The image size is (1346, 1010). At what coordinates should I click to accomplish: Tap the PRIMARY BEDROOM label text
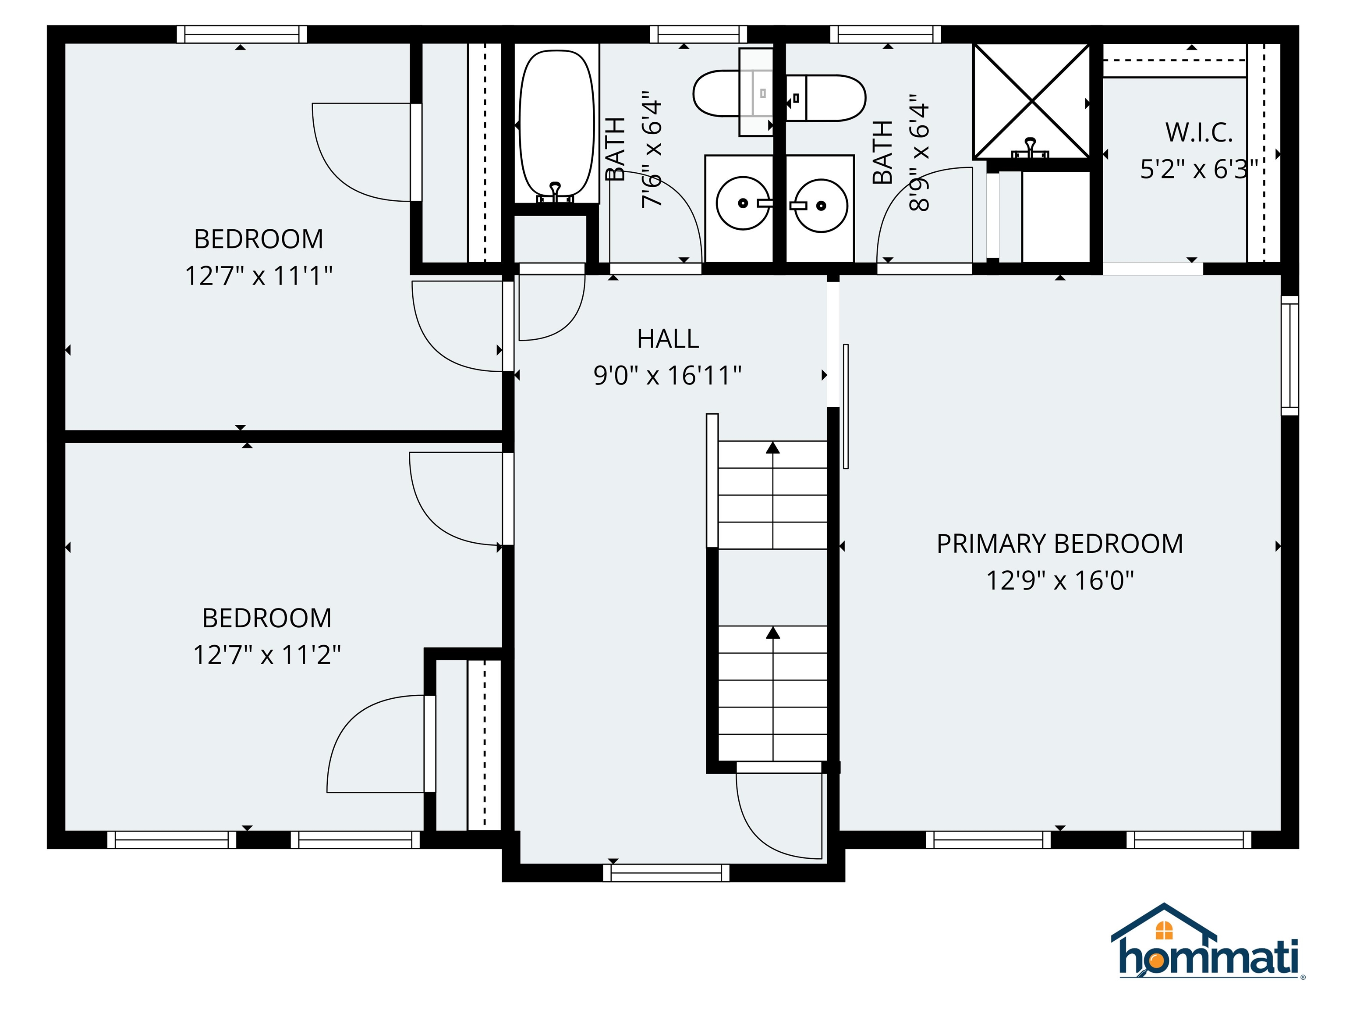click(1059, 544)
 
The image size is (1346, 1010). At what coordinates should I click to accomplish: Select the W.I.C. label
click(1198, 133)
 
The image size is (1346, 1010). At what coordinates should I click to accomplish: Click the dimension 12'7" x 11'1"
click(259, 276)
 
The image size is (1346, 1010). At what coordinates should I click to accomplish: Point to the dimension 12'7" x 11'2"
click(266, 655)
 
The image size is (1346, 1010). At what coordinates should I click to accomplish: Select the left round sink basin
click(742, 203)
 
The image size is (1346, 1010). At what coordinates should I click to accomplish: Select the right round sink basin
click(821, 205)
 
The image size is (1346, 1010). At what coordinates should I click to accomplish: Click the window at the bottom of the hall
click(666, 872)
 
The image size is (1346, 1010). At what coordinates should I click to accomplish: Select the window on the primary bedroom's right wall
click(1289, 356)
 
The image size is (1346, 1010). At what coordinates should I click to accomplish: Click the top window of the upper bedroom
click(241, 34)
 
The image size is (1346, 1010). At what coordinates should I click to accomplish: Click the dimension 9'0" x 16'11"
click(668, 376)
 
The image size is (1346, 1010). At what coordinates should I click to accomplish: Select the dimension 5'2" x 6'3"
click(1198, 169)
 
